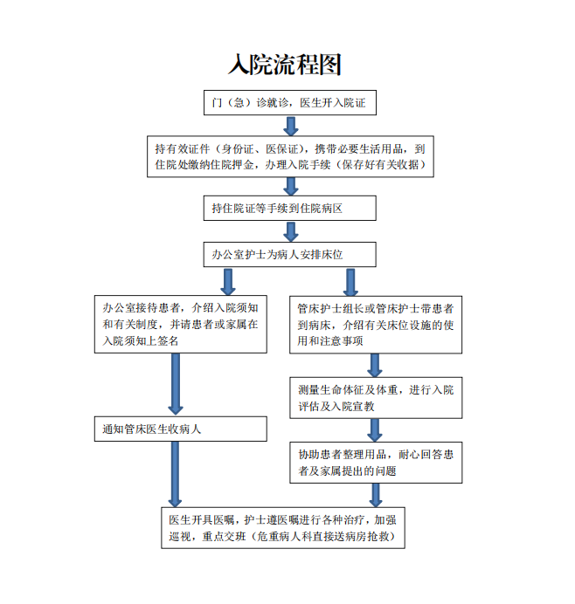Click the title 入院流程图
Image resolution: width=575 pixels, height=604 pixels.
(285, 64)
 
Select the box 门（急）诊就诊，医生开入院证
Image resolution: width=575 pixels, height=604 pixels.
(290, 102)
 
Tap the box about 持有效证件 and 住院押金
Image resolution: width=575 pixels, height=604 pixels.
(290, 156)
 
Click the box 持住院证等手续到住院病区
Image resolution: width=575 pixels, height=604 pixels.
(289, 208)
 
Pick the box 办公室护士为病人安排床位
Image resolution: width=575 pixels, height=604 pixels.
(289, 254)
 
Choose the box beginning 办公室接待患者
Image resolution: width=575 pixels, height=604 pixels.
(181, 325)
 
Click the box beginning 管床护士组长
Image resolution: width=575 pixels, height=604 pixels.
(376, 325)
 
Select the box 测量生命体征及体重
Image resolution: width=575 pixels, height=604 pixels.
(376, 398)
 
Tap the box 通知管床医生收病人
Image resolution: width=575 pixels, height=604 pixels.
(181, 429)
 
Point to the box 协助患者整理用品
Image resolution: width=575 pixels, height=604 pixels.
(376, 463)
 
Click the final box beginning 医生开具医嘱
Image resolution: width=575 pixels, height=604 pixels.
(283, 528)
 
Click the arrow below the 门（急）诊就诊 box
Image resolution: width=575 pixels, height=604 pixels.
(291, 126)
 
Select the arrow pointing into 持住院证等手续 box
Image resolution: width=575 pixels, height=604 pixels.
(291, 187)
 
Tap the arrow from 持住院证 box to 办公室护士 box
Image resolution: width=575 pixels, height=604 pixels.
(291, 231)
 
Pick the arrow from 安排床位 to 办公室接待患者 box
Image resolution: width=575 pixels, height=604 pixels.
(228, 282)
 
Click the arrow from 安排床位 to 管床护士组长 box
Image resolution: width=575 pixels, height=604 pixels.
(350, 282)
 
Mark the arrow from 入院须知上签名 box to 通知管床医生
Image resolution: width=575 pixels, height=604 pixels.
(176, 384)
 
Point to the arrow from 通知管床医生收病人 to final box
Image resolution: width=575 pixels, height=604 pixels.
(175, 474)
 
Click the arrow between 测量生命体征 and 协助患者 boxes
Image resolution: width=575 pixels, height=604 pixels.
(375, 430)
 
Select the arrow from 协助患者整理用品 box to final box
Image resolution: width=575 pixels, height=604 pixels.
(376, 496)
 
